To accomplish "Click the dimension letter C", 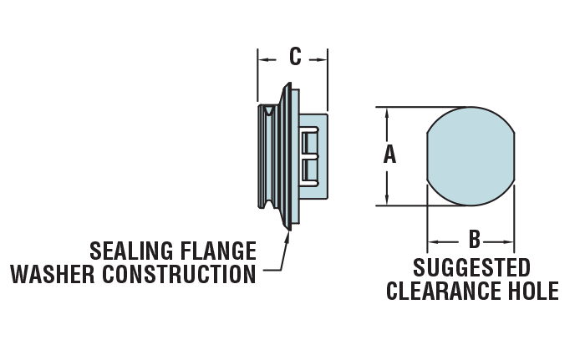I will point(294,57).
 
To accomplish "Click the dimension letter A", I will point(389,155).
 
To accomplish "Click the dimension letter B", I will point(474,241).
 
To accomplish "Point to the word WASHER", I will point(49,274).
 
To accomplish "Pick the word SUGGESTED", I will point(472,268).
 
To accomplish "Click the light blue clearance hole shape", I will point(471,155).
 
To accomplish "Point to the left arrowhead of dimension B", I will point(432,243).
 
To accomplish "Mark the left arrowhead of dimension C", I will point(262,59).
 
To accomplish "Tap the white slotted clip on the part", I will point(310,155).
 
